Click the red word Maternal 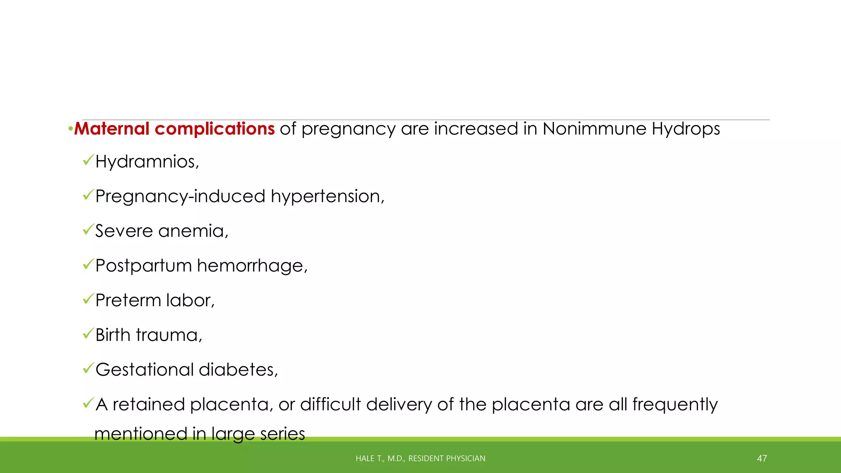click(x=112, y=129)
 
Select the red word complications click(x=214, y=129)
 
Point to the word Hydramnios click(x=147, y=161)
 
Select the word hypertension click(x=327, y=197)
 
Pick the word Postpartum click(x=143, y=266)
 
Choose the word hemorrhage click(x=252, y=266)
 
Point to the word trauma click(x=169, y=335)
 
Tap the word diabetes click(x=238, y=370)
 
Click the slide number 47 click(x=762, y=459)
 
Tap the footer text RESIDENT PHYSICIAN click(x=447, y=459)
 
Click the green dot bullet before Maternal click(x=70, y=130)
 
